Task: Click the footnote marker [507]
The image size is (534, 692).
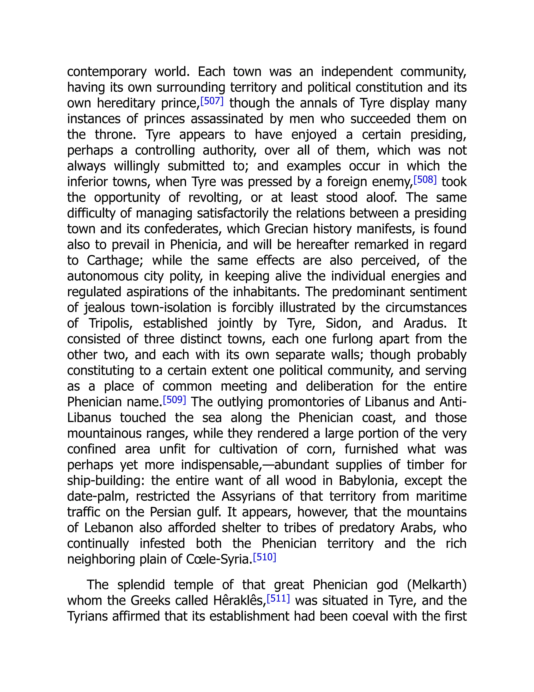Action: coord(212,101)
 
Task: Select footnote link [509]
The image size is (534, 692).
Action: coord(174,400)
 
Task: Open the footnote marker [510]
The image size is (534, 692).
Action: coord(264,557)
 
